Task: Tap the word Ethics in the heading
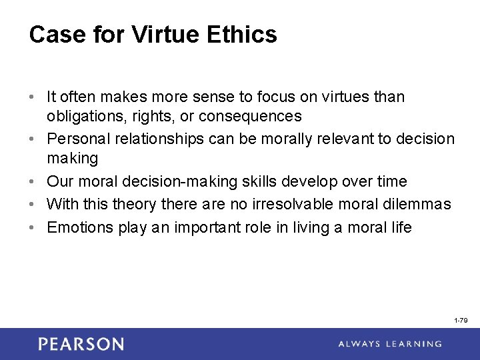[x=243, y=35]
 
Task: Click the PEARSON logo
[x=81, y=344]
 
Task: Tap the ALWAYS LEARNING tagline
[x=389, y=344]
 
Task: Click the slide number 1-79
[x=461, y=321]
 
